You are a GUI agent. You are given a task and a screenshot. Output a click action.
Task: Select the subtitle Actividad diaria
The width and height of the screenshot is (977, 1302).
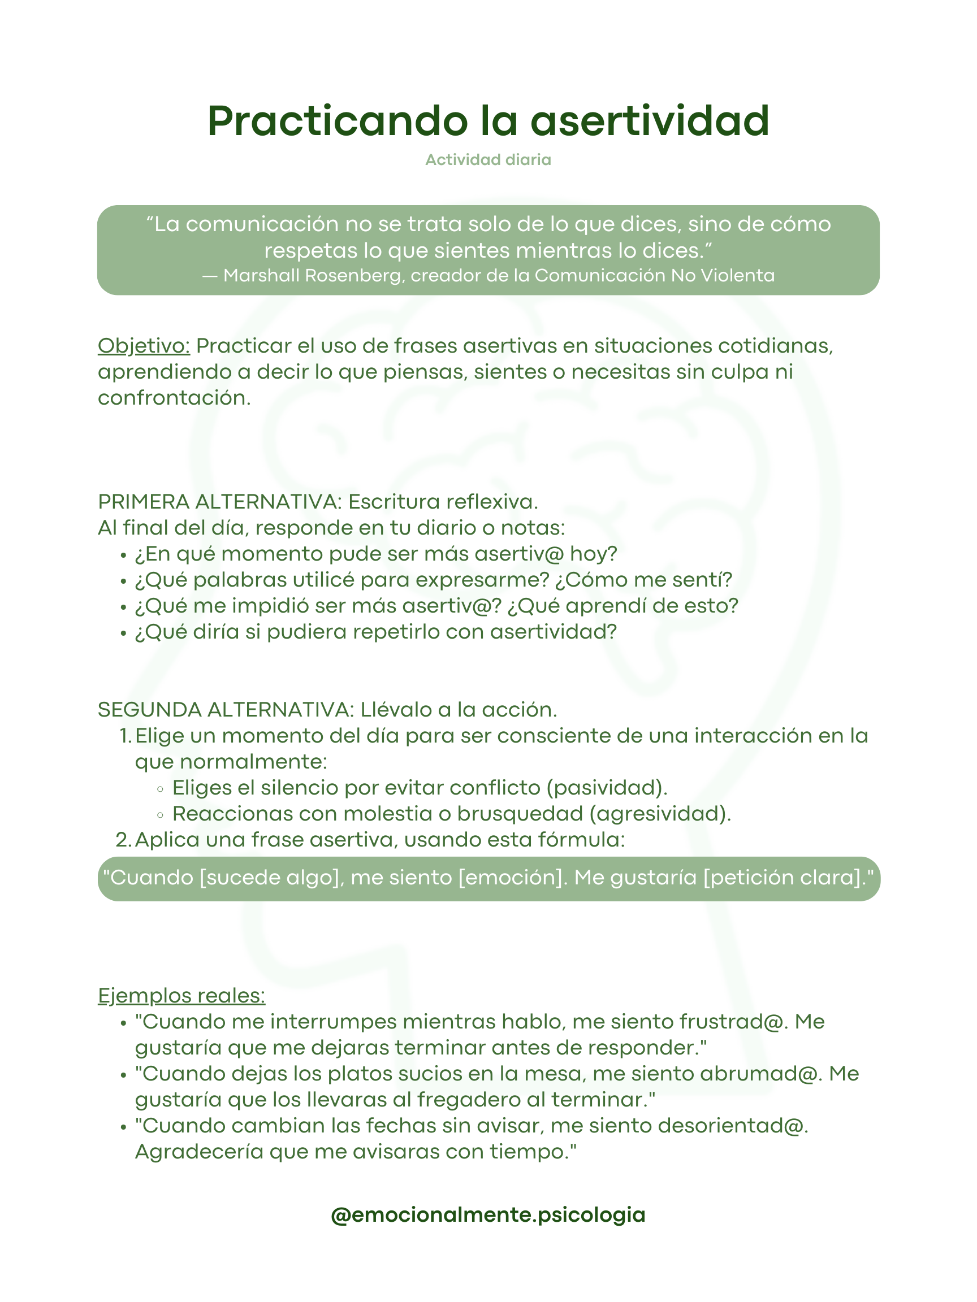click(x=488, y=160)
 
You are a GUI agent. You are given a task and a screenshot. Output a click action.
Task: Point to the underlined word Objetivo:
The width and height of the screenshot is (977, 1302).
click(x=144, y=346)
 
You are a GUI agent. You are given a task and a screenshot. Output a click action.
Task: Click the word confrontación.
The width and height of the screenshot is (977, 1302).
click(x=174, y=398)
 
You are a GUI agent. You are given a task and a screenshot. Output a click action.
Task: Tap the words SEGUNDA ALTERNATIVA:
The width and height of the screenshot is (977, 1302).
click(x=226, y=710)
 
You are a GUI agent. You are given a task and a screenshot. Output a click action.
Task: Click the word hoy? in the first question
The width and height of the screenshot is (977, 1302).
click(x=593, y=554)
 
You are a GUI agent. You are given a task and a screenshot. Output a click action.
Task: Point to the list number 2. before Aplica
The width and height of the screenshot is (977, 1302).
click(x=124, y=840)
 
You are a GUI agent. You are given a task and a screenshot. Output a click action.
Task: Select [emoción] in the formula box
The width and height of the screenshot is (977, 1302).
click(x=511, y=878)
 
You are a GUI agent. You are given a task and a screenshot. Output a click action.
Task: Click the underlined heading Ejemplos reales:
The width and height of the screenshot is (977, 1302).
click(x=181, y=996)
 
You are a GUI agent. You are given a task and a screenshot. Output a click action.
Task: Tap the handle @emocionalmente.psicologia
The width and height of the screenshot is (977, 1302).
click(x=488, y=1214)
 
